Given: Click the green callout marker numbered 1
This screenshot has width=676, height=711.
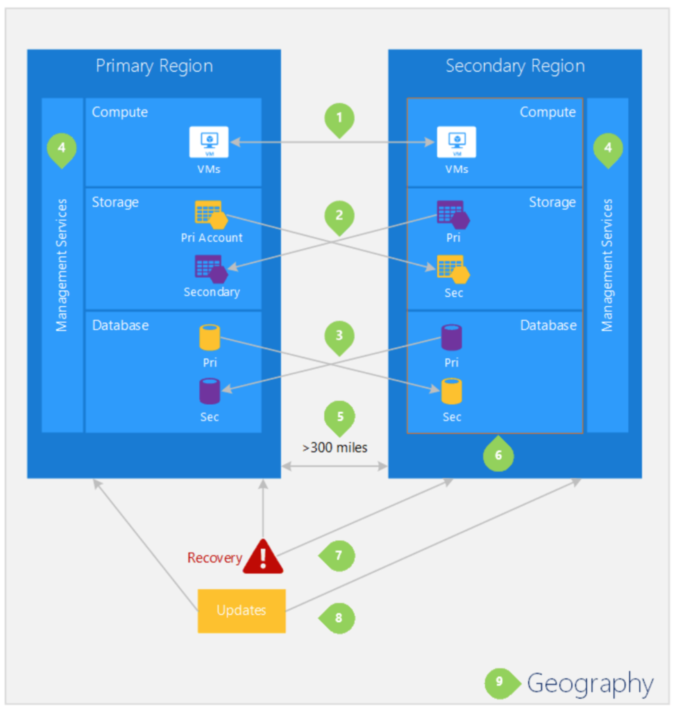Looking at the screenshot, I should click(x=339, y=119).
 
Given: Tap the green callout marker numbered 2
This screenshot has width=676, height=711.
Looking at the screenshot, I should click(x=339, y=216).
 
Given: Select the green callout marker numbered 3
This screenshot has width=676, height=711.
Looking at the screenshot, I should click(x=339, y=336).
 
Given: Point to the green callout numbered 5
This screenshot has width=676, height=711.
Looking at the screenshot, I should click(x=339, y=417).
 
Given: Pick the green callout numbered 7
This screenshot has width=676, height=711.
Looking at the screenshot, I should click(x=337, y=555).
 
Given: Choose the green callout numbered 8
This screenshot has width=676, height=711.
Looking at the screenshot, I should click(x=337, y=617).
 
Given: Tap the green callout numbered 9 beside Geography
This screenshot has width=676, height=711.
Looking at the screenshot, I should click(x=500, y=683).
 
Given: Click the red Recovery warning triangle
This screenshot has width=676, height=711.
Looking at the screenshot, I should click(x=263, y=556).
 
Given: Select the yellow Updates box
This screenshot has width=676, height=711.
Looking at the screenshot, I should click(x=242, y=611).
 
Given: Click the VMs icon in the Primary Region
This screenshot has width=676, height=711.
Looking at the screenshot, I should click(x=209, y=142).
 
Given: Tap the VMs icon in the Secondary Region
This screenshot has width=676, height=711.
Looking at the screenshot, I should click(x=456, y=142).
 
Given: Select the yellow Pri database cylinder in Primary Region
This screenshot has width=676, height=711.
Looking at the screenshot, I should click(x=209, y=337).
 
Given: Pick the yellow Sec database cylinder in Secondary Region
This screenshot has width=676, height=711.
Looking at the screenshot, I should click(x=452, y=392).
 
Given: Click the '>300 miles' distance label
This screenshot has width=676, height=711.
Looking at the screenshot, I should click(x=335, y=448).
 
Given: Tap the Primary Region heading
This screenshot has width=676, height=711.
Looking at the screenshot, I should click(x=154, y=67).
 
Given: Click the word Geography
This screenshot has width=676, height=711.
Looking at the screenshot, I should click(x=590, y=684).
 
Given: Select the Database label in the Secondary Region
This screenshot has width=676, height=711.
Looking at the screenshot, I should click(x=548, y=325).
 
